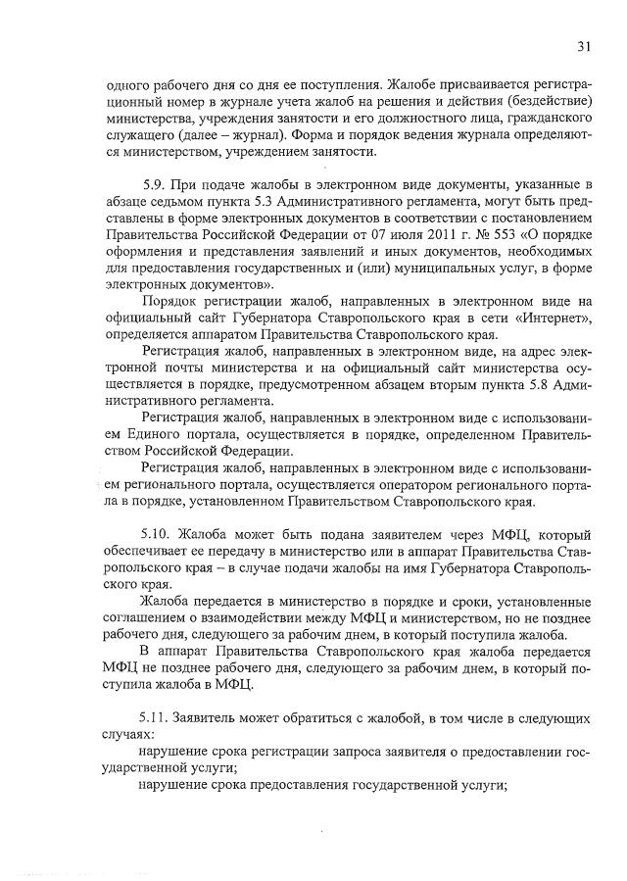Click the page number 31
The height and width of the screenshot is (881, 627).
pyautogui.click(x=584, y=46)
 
